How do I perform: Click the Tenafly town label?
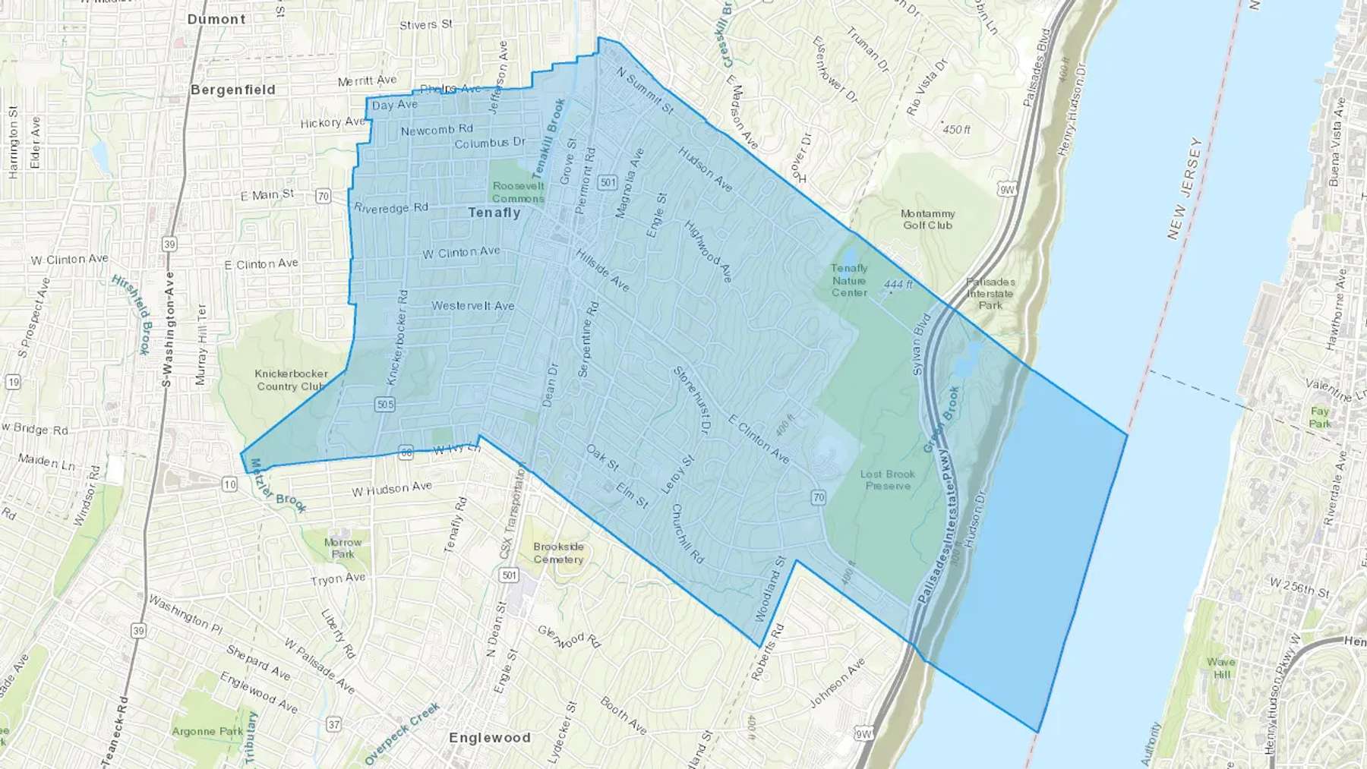[494, 213]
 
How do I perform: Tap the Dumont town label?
[216, 19]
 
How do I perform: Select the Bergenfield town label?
[233, 90]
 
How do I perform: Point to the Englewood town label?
[490, 738]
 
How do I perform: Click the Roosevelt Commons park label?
[519, 192]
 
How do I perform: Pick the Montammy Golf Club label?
[927, 219]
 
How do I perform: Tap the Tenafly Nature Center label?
[849, 280]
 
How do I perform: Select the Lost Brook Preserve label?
[887, 480]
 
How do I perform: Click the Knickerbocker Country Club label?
[292, 380]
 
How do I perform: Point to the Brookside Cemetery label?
[558, 553]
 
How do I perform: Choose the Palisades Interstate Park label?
[990, 293]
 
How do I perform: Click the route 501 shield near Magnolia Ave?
[608, 182]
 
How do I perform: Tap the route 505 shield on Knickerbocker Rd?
[385, 404]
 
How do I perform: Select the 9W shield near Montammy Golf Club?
[1007, 190]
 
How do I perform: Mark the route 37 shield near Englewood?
[333, 724]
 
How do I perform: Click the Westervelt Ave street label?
[472, 306]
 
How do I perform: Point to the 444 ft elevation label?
[898, 285]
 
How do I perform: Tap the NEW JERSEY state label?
[1185, 188]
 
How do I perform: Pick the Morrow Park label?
[343, 548]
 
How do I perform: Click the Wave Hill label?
[1220, 668]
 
